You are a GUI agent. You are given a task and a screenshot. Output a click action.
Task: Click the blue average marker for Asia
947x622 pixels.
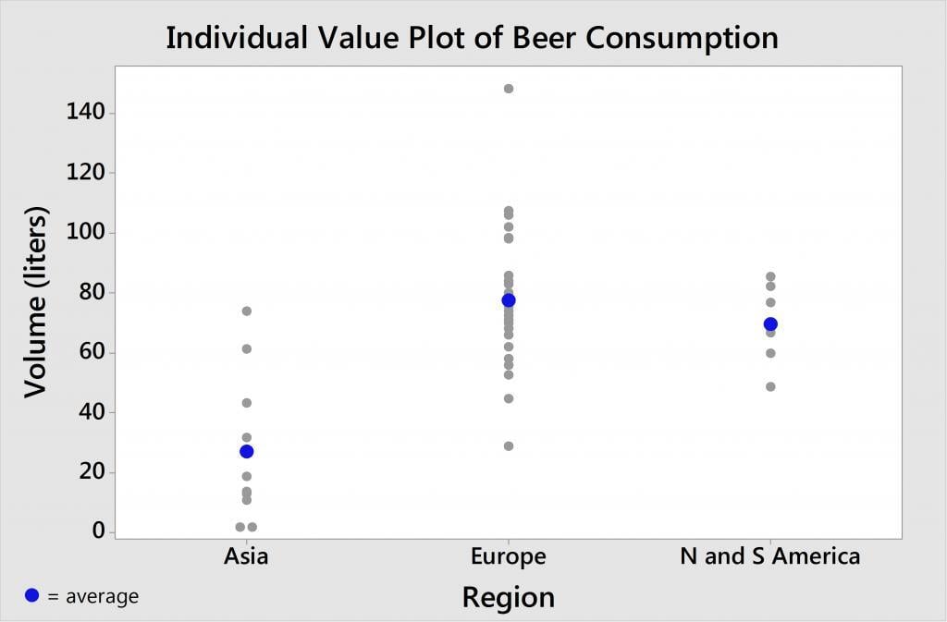(247, 451)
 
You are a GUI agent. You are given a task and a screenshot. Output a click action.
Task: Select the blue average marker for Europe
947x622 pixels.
(509, 300)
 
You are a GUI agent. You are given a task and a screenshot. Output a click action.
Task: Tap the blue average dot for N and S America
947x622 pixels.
(770, 324)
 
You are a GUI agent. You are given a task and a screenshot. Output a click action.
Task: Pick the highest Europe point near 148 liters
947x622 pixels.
(509, 89)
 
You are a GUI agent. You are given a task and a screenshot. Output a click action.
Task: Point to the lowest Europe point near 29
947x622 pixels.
(509, 446)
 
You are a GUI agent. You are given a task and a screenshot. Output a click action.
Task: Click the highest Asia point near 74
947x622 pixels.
(247, 311)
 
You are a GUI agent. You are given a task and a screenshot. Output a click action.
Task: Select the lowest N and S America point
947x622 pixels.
(770, 386)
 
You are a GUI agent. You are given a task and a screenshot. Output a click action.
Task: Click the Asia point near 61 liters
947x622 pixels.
(247, 349)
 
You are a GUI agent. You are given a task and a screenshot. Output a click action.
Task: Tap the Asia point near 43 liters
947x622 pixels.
(247, 403)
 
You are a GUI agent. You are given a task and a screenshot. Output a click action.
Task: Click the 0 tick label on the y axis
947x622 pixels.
(98, 532)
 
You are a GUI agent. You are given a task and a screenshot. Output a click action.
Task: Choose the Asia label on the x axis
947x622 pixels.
(246, 556)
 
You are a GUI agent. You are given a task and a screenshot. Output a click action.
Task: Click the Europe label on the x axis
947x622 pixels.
(509, 556)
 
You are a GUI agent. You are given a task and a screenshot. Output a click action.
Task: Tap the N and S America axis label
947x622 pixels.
(769, 556)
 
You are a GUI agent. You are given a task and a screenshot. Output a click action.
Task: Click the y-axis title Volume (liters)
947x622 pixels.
(36, 301)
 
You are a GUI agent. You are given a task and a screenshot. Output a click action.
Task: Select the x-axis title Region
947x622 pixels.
(509, 597)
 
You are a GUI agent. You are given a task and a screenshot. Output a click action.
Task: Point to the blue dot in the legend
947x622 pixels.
(32, 596)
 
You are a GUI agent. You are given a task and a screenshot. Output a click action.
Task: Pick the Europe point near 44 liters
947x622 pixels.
(509, 399)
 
